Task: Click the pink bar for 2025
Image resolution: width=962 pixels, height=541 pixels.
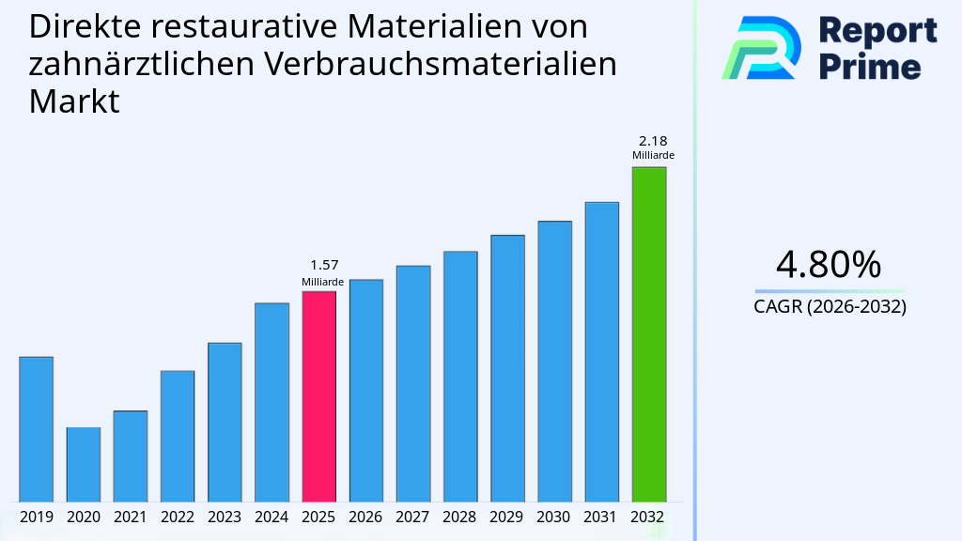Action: tap(318, 395)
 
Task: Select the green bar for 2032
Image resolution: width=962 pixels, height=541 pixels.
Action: tap(648, 333)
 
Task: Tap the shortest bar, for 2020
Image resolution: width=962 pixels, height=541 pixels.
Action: tap(84, 464)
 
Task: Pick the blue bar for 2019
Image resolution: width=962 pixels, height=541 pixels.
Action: tap(37, 428)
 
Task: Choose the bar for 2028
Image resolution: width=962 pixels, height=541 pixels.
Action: tap(460, 376)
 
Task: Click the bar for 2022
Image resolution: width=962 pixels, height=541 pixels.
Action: tap(178, 436)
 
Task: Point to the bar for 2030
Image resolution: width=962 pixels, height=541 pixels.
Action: tap(554, 361)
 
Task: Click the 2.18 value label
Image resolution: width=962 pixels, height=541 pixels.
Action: tap(652, 141)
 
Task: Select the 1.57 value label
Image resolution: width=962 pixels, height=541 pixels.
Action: tap(323, 266)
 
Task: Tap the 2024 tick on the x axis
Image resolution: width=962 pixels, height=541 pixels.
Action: tap(272, 517)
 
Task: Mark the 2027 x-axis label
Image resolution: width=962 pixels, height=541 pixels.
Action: tap(413, 517)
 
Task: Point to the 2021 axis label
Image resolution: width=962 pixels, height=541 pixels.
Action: tap(131, 517)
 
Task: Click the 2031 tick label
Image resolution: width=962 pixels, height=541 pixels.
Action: tap(601, 517)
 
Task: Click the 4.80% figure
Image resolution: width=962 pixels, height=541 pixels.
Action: tap(829, 265)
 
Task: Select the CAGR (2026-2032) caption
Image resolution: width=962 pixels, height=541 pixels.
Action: tap(830, 306)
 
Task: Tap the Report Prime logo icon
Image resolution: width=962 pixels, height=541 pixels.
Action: tap(761, 48)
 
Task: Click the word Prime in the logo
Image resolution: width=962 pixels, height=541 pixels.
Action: tap(870, 67)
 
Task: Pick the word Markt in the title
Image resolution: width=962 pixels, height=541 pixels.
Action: tap(74, 101)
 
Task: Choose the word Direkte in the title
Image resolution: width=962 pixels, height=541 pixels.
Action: tap(84, 26)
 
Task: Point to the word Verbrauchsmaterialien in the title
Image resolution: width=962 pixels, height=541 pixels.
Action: tap(440, 64)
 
